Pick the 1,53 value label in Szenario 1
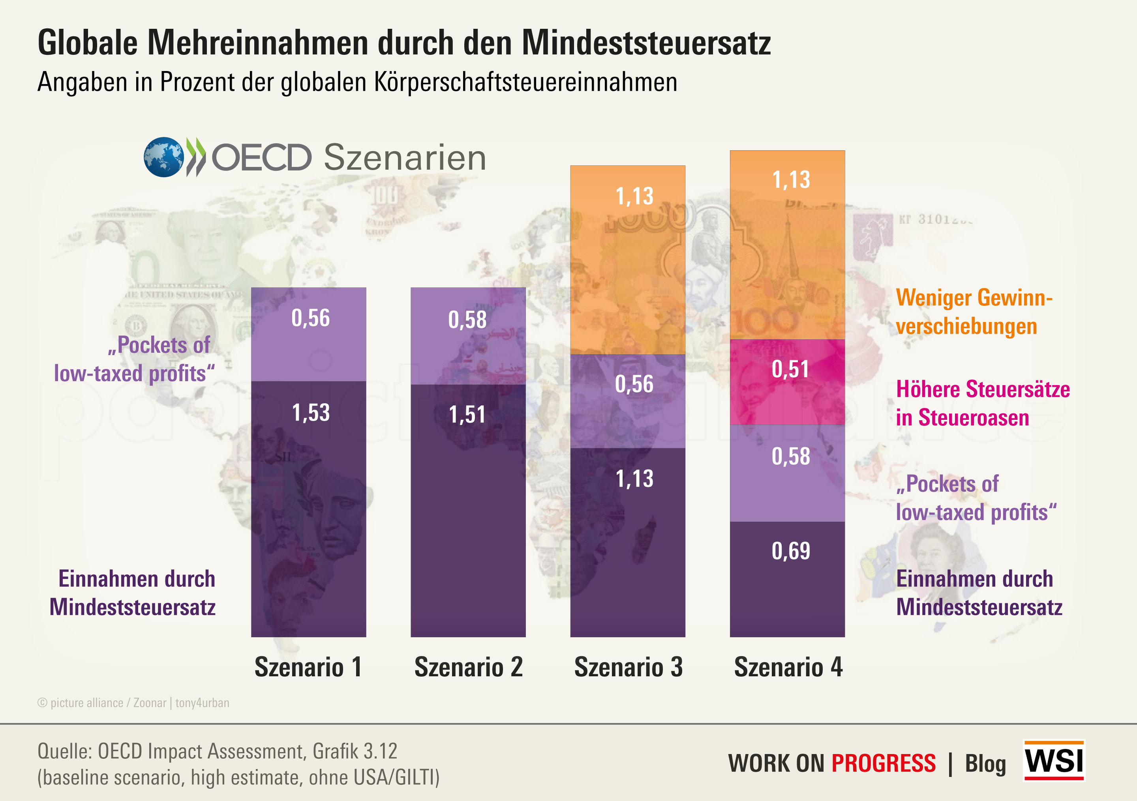tap(310, 413)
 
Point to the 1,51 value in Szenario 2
tap(467, 415)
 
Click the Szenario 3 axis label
tap(628, 667)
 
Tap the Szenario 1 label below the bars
tap(308, 667)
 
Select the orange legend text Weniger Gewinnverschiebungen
tap(973, 312)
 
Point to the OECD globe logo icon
tap(163, 157)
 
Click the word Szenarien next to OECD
tap(405, 158)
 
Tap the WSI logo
tap(1054, 760)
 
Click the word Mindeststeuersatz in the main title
tap(646, 43)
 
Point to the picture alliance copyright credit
tap(133, 703)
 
